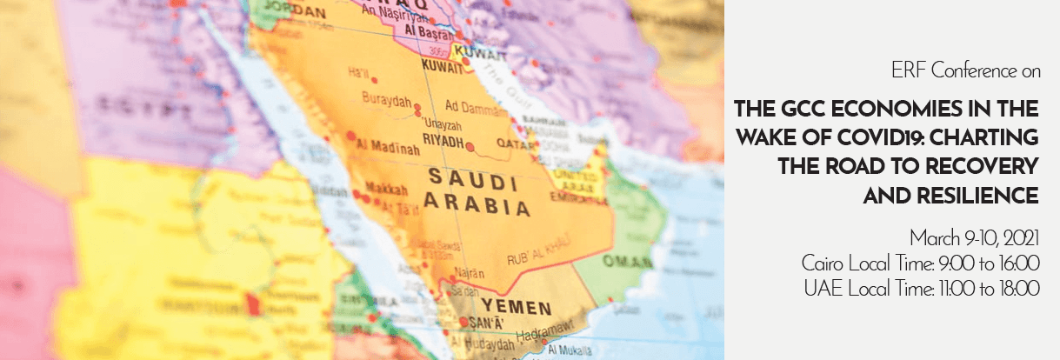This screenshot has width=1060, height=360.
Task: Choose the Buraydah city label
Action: pos(388,102)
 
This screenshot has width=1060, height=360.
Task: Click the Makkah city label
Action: pos(363,188)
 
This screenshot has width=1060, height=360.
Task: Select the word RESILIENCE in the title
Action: pos(951,197)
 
